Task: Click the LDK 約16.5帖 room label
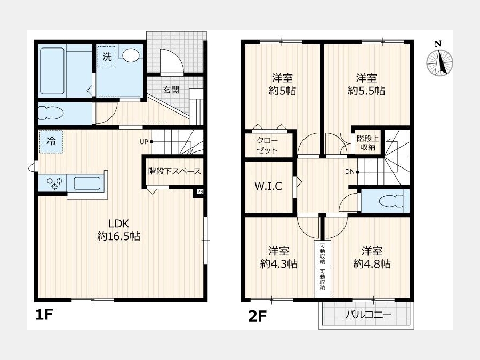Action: coord(119,230)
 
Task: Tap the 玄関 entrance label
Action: coord(171,90)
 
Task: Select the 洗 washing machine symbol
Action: coord(107,57)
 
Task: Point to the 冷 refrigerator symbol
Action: coord(51,141)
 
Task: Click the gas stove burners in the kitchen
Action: coord(55,183)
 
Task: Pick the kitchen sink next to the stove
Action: coord(87,183)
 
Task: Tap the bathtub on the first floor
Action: coord(52,71)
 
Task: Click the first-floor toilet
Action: coord(51,114)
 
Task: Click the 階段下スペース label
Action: coord(175,171)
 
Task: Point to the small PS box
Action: coord(200,192)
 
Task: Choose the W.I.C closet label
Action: coord(268,186)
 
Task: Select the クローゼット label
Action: coord(267,146)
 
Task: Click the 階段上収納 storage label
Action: coord(368,142)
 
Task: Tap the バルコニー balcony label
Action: coord(368,315)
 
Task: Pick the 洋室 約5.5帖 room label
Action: coord(366,84)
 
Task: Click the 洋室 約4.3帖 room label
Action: coord(279,258)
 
